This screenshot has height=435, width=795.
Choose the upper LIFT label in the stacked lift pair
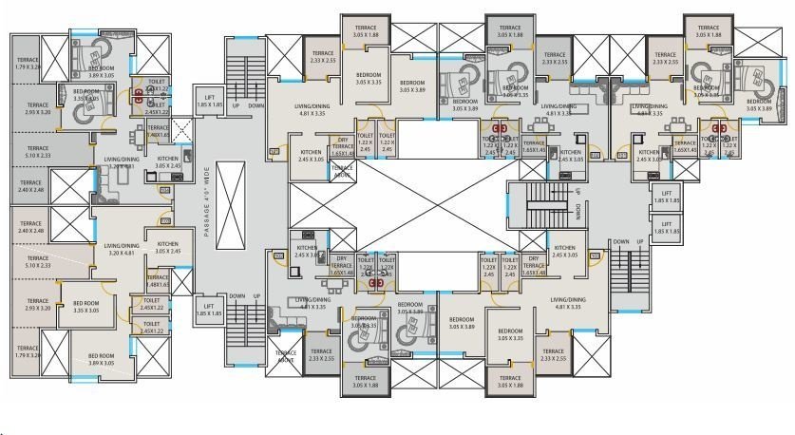(667, 198)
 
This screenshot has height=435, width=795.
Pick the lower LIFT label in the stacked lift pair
(667, 227)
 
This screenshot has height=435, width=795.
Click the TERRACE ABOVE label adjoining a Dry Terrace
(343, 173)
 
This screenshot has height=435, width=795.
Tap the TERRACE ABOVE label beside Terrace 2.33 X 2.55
(286, 356)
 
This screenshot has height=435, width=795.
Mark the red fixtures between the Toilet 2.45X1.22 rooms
(139, 94)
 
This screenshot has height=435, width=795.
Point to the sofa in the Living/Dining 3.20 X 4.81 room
(105, 189)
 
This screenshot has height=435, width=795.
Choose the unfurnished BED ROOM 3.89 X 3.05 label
(100, 359)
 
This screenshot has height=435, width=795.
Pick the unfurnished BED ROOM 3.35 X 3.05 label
(93, 306)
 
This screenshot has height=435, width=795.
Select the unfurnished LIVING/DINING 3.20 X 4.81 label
(123, 249)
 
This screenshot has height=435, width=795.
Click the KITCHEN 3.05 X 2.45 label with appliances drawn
(168, 162)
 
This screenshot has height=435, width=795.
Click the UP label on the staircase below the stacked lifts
(642, 242)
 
